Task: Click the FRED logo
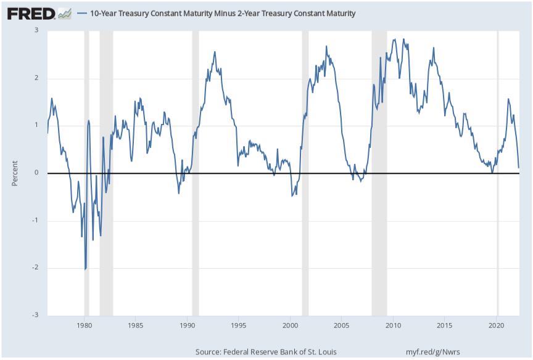tap(31, 13)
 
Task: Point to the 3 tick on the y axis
tap(36, 30)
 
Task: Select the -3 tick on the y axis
tap(35, 315)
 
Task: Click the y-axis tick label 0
tap(36, 173)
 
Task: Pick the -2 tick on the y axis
tap(35, 268)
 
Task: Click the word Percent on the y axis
tap(15, 173)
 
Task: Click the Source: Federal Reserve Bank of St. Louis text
tap(266, 351)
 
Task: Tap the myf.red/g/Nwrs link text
tap(432, 351)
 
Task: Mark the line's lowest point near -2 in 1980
tap(85, 269)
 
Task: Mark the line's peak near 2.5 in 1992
tap(215, 52)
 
